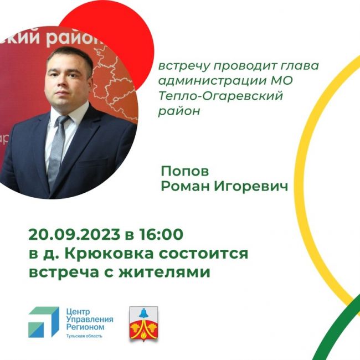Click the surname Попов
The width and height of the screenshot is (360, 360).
point(185,171)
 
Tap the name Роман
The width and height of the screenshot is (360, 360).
point(186,186)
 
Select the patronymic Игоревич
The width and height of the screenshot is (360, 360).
point(251,186)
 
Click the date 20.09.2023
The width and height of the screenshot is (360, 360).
point(74,234)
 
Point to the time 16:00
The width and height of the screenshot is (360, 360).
point(161,234)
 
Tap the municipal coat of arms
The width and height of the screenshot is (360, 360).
point(143,324)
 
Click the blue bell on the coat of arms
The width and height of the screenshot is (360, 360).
point(144,313)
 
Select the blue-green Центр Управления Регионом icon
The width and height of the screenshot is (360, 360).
point(44,322)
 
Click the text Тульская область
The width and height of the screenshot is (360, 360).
point(84,336)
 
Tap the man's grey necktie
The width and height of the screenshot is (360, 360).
point(57,149)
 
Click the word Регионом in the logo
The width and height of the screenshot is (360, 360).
point(85,327)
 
